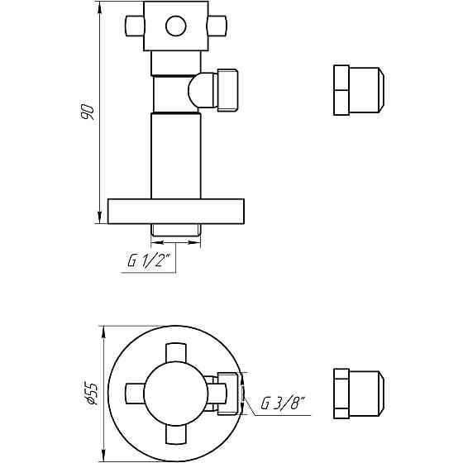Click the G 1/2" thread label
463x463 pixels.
click(x=149, y=262)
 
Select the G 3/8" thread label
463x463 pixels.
click(x=284, y=404)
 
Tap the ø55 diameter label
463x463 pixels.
click(x=93, y=392)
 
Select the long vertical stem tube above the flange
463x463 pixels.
click(x=176, y=155)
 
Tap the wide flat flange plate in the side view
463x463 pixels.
click(x=176, y=211)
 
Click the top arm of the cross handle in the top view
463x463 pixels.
click(x=176, y=356)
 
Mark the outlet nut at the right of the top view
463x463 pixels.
click(x=231, y=393)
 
